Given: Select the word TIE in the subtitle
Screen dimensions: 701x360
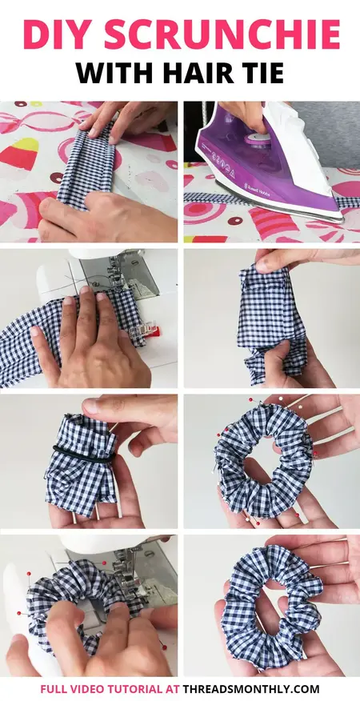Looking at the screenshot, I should click(260, 74).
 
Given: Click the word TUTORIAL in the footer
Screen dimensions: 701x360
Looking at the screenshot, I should click(142, 688).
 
